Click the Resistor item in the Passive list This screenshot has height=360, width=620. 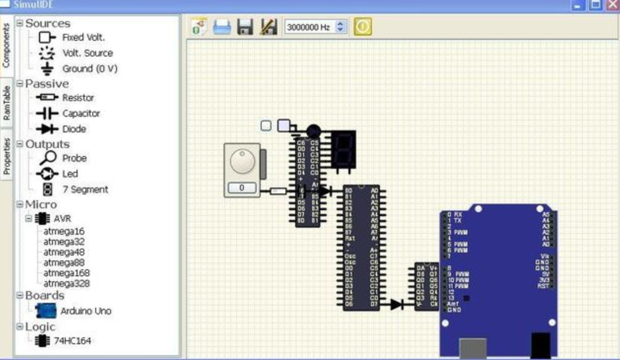(78, 98)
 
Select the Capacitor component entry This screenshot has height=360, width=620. (81, 114)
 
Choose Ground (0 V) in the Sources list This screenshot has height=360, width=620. (89, 69)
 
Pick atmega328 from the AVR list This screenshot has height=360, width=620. (66, 284)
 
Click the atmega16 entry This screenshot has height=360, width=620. (64, 231)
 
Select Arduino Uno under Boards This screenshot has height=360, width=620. (85, 311)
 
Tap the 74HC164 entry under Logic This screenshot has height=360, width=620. (73, 340)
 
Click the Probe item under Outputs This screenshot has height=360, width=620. (74, 158)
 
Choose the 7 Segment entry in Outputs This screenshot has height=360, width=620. (85, 190)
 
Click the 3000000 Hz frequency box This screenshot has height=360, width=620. (311, 28)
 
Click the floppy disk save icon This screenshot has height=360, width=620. (245, 27)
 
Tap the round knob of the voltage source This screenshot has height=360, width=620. (241, 160)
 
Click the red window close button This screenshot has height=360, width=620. (611, 5)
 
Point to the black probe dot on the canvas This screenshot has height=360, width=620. (313, 131)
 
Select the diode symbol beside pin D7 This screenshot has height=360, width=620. (396, 304)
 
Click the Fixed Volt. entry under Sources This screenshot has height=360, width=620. (83, 37)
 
